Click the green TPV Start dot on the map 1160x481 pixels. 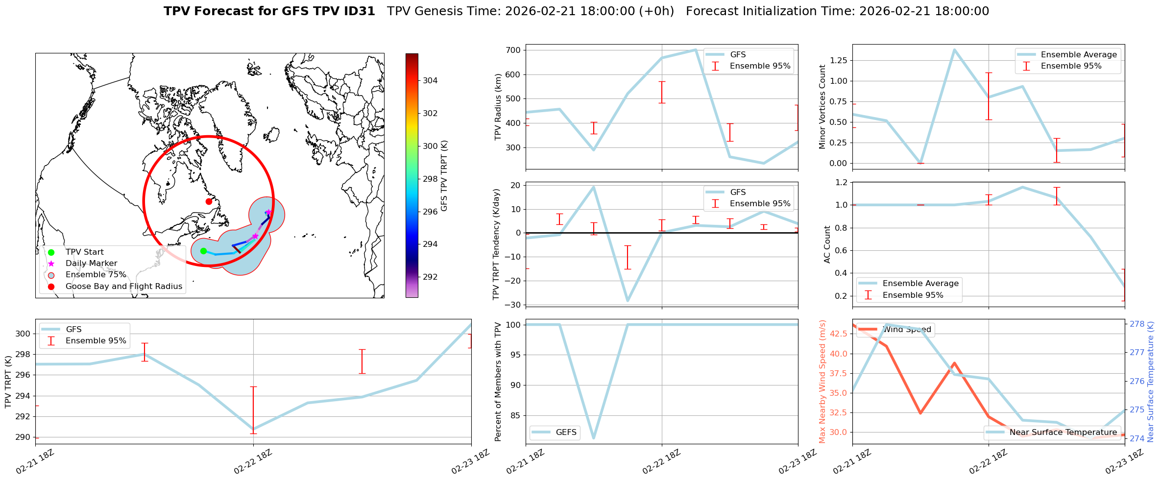tap(203, 251)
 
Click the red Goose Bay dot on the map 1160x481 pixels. tap(209, 201)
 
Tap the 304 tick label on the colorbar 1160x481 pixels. tap(431, 80)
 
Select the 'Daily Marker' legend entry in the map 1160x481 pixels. tap(91, 264)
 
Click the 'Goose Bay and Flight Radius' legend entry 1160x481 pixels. tap(123, 287)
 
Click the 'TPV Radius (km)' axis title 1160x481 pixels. tap(499, 107)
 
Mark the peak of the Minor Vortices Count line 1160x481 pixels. tap(954, 49)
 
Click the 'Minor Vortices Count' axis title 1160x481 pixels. tap(822, 107)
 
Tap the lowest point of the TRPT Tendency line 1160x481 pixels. tap(628, 301)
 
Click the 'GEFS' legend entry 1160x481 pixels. tap(566, 433)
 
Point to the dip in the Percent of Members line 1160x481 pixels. tap(594, 438)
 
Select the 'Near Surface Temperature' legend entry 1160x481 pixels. tap(1063, 433)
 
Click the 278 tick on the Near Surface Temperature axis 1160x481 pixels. tap(1137, 324)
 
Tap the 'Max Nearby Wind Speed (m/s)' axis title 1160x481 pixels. tap(822, 381)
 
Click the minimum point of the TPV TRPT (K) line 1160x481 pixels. tap(253, 429)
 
